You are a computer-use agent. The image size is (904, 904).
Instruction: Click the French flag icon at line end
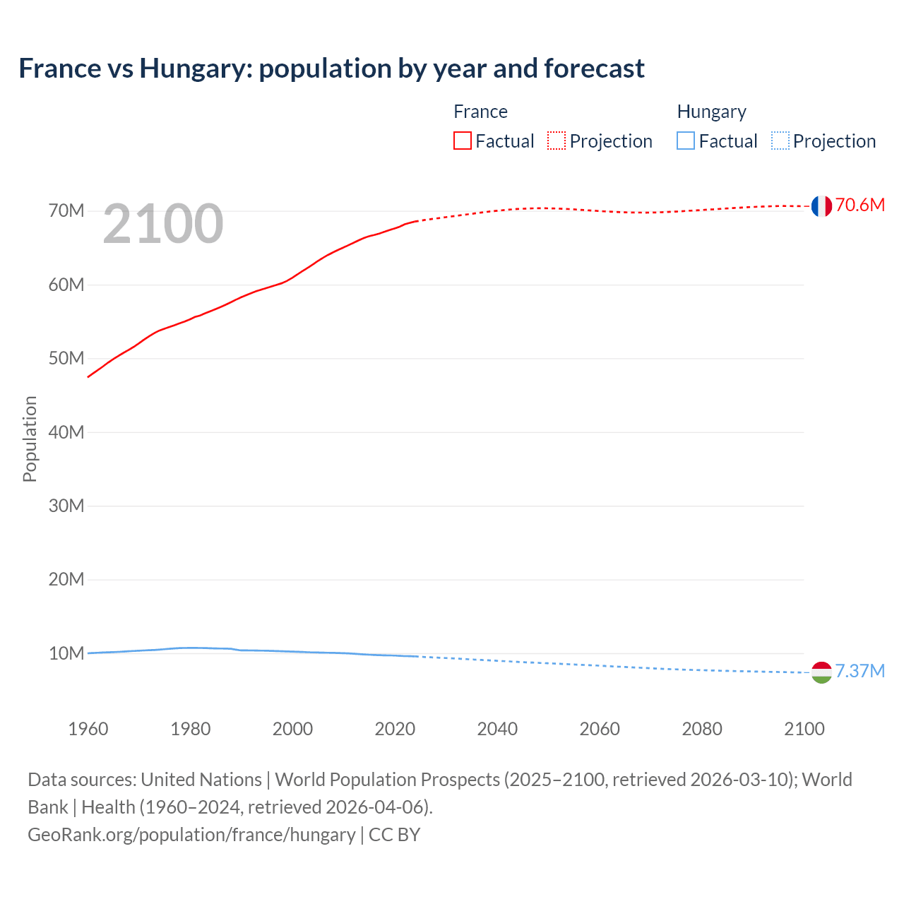(x=821, y=206)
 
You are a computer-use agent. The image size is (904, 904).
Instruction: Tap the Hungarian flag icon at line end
(x=821, y=672)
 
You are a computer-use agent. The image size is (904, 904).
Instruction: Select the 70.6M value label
(x=860, y=206)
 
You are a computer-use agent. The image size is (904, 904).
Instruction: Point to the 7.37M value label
(x=860, y=671)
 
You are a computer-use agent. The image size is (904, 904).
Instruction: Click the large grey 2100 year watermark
(x=163, y=225)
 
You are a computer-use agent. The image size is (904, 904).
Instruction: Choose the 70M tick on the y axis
(x=66, y=211)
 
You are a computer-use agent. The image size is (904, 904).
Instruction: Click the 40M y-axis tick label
(x=66, y=432)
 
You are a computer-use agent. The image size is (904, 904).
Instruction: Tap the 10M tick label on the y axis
(x=66, y=653)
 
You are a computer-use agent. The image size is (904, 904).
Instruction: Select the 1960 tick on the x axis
(x=88, y=729)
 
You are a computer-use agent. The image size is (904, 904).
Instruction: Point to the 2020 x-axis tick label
(x=395, y=729)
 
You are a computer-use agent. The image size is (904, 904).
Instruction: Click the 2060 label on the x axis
(x=600, y=729)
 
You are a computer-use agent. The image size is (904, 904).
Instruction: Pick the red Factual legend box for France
(x=463, y=141)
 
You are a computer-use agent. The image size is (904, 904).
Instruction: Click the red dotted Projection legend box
(x=557, y=141)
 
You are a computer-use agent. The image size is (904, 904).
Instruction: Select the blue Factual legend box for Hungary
(x=686, y=141)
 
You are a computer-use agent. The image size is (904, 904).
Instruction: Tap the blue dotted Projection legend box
(x=780, y=141)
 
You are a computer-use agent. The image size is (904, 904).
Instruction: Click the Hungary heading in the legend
(x=711, y=112)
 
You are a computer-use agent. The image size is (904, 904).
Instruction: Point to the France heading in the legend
(x=480, y=112)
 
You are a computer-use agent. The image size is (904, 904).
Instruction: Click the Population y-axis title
(x=30, y=439)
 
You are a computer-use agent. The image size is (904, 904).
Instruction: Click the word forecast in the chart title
(x=594, y=69)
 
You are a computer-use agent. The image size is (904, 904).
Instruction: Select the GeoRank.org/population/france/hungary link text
(x=191, y=835)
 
